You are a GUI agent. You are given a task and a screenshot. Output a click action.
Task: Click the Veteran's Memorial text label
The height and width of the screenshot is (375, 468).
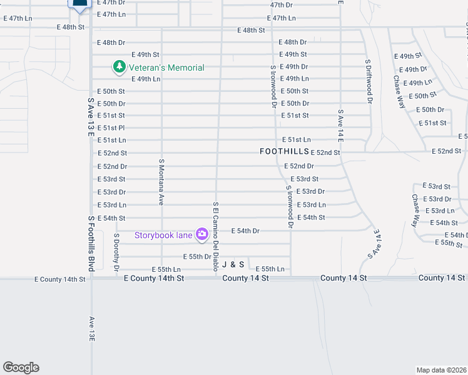[x=166, y=67]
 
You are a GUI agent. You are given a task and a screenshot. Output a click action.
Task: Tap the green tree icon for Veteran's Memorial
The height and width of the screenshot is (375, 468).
[x=118, y=66]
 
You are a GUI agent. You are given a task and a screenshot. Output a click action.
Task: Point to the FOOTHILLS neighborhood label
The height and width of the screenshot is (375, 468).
[x=285, y=152]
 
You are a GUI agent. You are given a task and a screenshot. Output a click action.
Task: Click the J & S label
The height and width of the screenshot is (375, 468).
[x=233, y=265]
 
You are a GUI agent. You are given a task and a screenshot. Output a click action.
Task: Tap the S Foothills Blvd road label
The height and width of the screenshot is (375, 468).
[x=91, y=243]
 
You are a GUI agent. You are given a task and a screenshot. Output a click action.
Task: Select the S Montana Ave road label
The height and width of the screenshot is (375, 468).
[x=161, y=182]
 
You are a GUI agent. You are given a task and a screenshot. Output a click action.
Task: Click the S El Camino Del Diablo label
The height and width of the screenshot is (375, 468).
[x=215, y=236]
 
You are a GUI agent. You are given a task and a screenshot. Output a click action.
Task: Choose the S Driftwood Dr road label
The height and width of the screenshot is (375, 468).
[x=369, y=81]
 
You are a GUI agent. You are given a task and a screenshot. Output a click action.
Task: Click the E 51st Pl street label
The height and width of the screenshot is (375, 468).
[x=111, y=128]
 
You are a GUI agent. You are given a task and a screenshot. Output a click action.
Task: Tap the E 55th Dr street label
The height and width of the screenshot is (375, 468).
[x=196, y=257]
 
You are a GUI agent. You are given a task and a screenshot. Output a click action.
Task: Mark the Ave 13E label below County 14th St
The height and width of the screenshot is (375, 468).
[x=91, y=328]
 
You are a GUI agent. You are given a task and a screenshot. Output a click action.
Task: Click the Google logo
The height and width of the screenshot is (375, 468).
[x=21, y=367]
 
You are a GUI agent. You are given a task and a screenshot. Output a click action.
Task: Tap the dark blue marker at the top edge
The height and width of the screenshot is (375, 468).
[x=79, y=4]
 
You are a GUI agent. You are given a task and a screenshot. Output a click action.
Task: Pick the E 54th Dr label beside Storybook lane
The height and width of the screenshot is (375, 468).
[x=245, y=231]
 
